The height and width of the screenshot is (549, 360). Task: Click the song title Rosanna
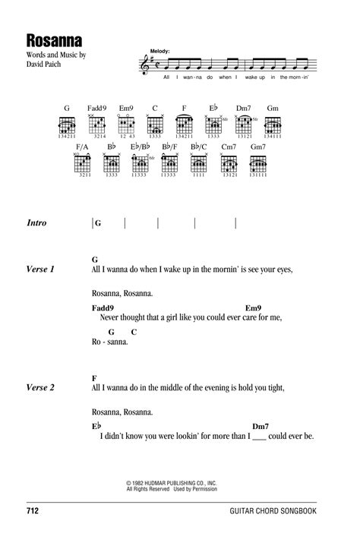[50, 38]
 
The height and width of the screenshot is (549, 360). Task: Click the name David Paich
[43, 64]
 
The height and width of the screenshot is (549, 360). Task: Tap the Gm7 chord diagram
[258, 162]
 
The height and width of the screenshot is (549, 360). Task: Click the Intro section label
[36, 223]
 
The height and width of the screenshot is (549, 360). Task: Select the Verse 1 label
[41, 269]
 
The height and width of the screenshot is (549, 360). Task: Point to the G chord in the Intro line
[97, 223]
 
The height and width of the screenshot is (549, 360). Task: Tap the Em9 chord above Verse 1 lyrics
[253, 307]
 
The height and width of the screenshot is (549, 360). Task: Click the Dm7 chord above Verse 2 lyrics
[261, 425]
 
